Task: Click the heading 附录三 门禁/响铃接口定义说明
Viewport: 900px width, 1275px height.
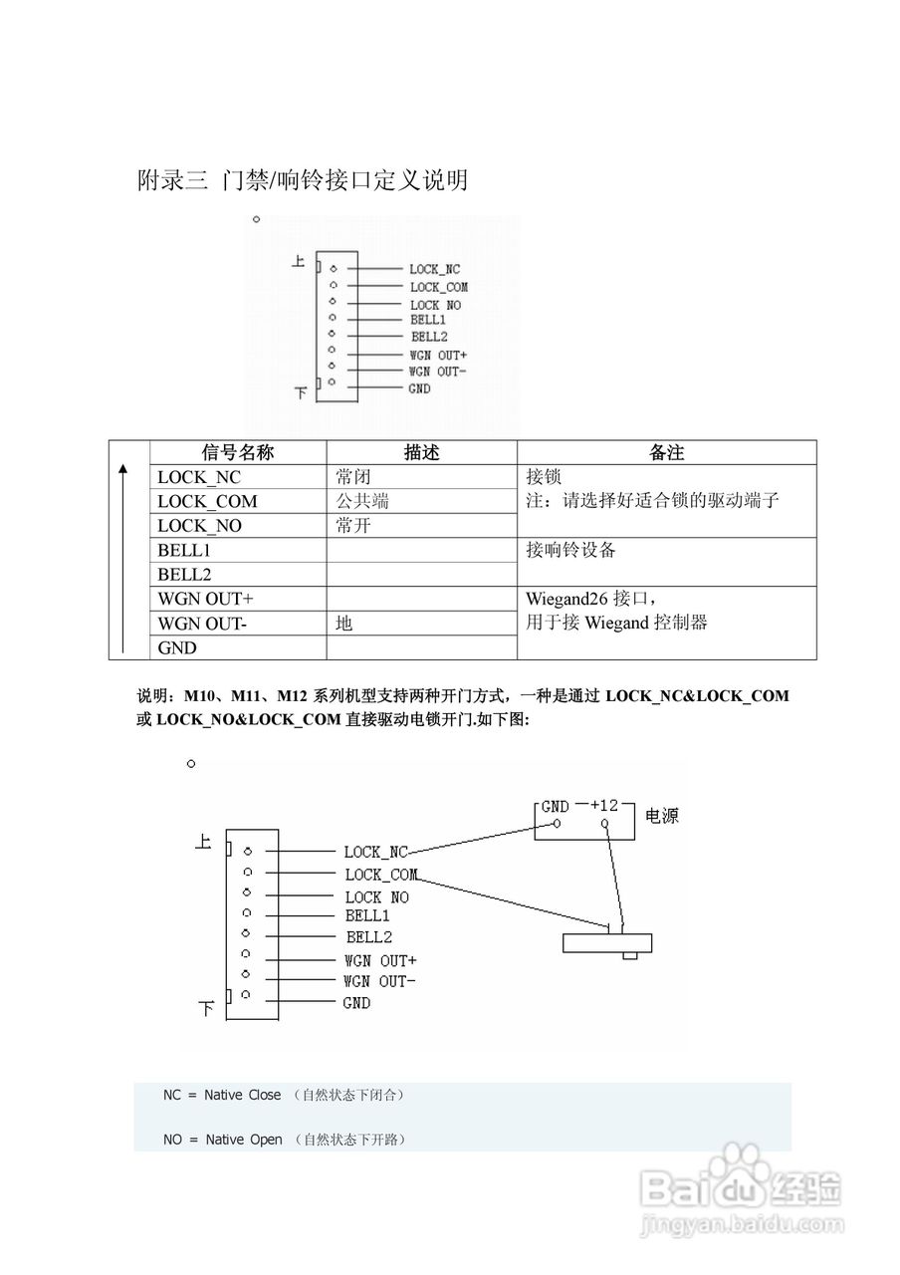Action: click(302, 180)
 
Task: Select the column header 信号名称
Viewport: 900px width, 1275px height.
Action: click(237, 452)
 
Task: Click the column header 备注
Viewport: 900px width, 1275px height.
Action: click(666, 452)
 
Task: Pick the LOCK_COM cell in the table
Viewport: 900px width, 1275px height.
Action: click(207, 501)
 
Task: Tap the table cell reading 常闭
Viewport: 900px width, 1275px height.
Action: click(353, 477)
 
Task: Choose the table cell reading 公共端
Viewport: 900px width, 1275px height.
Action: click(362, 501)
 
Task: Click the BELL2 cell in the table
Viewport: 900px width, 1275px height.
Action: click(184, 574)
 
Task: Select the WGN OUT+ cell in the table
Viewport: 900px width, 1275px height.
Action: click(205, 599)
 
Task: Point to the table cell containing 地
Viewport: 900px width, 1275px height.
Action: click(344, 624)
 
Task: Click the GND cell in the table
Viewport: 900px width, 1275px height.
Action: click(177, 647)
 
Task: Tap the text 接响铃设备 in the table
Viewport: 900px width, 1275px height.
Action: click(571, 550)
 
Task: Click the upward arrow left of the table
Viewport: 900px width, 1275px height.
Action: click(122, 558)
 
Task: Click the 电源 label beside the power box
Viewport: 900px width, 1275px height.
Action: click(663, 816)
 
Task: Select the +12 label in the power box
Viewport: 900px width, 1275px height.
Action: click(604, 805)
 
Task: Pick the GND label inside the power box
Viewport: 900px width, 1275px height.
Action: click(555, 806)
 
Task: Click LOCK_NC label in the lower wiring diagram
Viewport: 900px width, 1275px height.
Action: click(376, 852)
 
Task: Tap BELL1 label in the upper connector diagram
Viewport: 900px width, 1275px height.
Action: click(428, 321)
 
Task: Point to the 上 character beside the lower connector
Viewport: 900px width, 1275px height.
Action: click(203, 843)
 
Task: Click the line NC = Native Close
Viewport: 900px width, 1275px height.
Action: click(222, 1095)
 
